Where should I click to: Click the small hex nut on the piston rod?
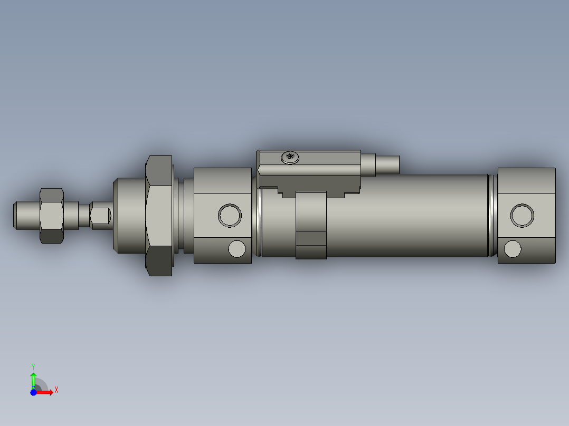(x=52, y=215)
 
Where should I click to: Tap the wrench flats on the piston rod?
(x=100, y=215)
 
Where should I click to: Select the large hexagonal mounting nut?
(x=159, y=215)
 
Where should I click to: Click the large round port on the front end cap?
(x=230, y=215)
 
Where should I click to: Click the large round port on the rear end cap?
(x=522, y=215)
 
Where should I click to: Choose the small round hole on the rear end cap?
(x=513, y=248)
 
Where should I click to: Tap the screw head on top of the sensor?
(x=290, y=157)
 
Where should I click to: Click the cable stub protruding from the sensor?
(x=387, y=164)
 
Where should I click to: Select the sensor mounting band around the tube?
(x=311, y=226)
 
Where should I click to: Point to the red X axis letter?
(x=56, y=390)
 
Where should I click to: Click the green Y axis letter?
(x=33, y=366)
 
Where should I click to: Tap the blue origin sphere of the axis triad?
(x=33, y=392)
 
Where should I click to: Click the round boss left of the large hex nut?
(x=129, y=215)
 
